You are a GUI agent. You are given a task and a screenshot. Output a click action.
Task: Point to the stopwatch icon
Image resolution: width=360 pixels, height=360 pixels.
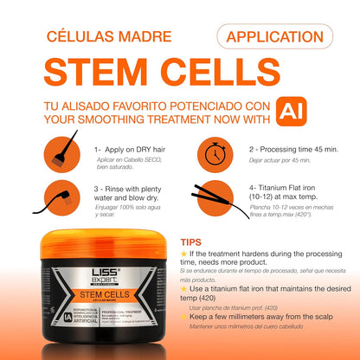212,156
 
